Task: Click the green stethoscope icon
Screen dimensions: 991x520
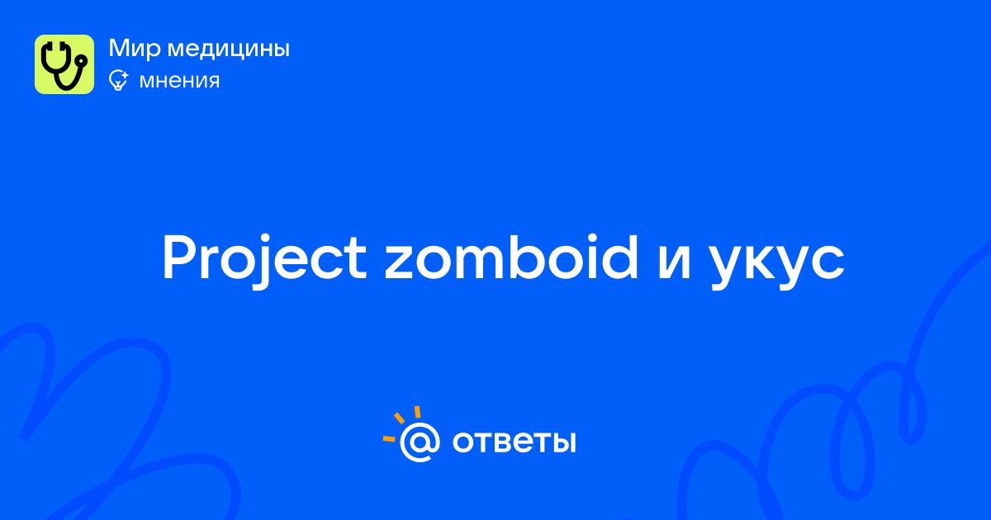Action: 64,64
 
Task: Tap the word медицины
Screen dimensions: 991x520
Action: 228,49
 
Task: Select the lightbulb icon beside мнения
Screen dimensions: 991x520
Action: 118,81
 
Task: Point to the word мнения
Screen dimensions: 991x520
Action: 179,81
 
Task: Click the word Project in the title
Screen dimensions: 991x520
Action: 264,258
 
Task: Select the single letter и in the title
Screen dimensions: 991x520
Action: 674,263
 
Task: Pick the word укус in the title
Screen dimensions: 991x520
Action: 777,263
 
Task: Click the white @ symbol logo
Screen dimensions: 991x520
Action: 420,442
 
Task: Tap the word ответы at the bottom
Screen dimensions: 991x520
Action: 514,442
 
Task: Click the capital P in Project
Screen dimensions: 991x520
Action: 181,258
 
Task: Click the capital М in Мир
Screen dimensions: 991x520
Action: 119,48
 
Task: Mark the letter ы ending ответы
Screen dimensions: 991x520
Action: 563,442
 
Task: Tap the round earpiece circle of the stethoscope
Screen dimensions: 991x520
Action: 82,61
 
